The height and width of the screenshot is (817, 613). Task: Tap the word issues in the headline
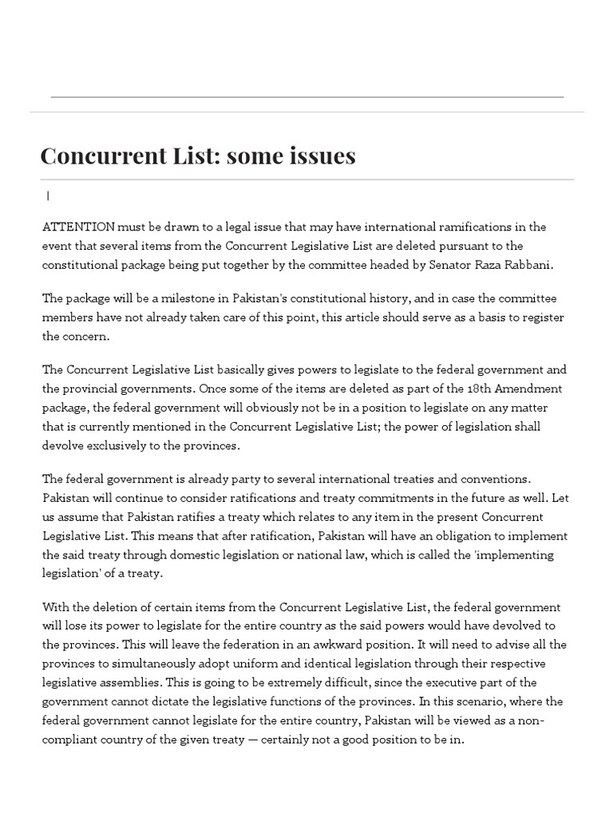318,156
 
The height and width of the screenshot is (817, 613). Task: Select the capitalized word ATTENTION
78,227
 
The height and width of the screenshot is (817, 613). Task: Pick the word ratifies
268,517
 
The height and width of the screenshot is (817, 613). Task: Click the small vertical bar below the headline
48,195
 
